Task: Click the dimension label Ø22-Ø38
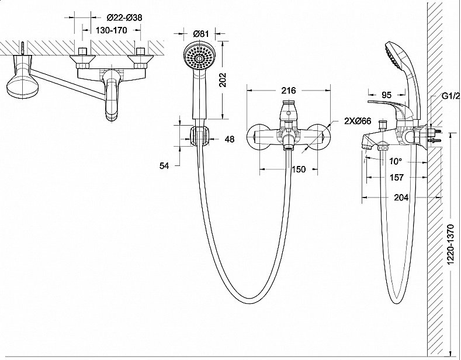[125, 18]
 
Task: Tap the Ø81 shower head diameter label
[200, 34]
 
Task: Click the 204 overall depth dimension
[401, 198]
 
